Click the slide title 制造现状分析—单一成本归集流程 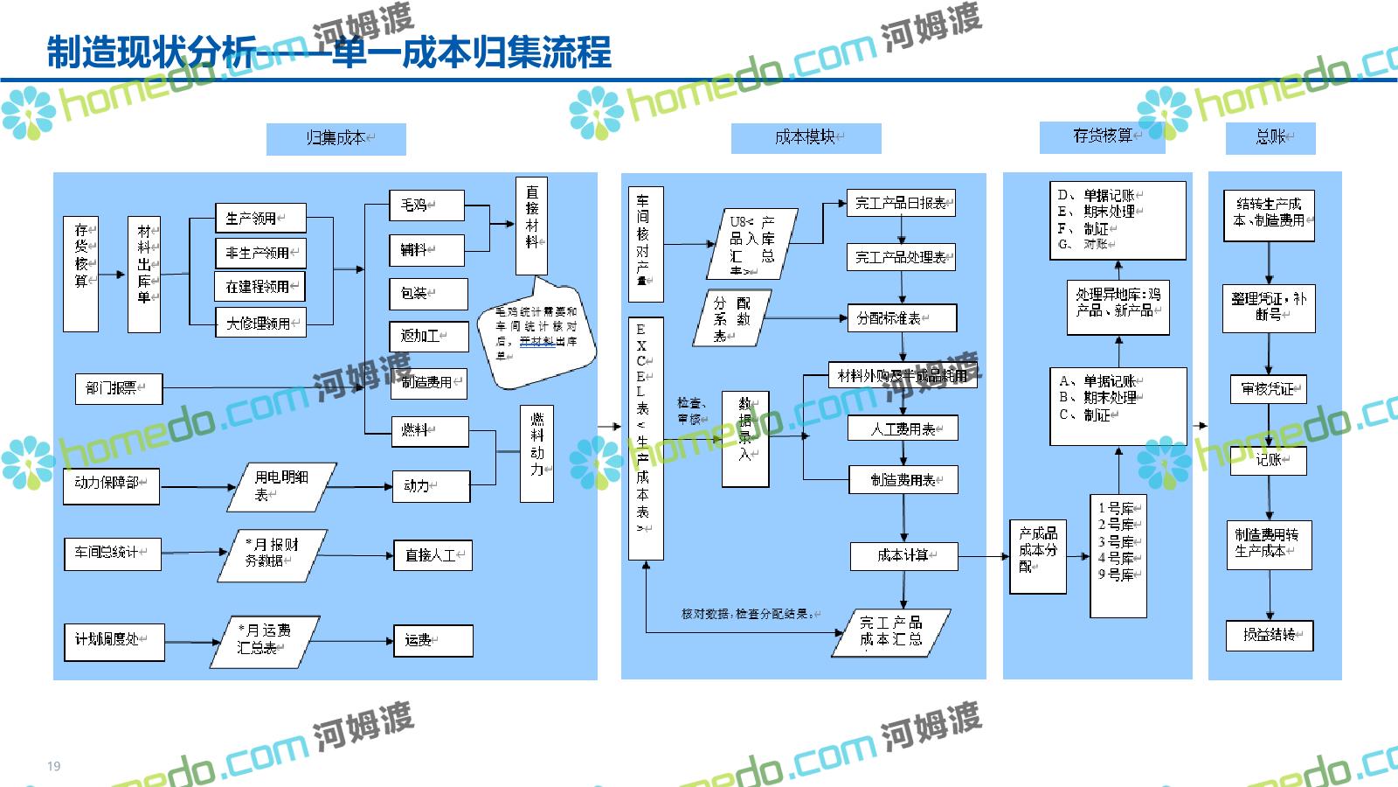tap(329, 52)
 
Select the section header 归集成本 tap(336, 138)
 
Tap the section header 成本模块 tap(806, 137)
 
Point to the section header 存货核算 tap(1103, 136)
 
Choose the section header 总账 tap(1271, 137)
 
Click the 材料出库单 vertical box tap(144, 274)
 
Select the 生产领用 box tap(260, 219)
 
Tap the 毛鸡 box tap(426, 205)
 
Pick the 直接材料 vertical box tap(531, 226)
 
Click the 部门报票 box tap(119, 387)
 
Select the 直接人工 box tap(433, 554)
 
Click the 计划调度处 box tap(114, 639)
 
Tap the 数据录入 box tap(745, 438)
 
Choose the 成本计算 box tap(903, 556)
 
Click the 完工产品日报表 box tap(901, 204)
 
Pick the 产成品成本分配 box tap(1038, 557)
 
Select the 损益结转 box tap(1270, 635)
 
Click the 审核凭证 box tap(1268, 389)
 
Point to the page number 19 tap(54, 766)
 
